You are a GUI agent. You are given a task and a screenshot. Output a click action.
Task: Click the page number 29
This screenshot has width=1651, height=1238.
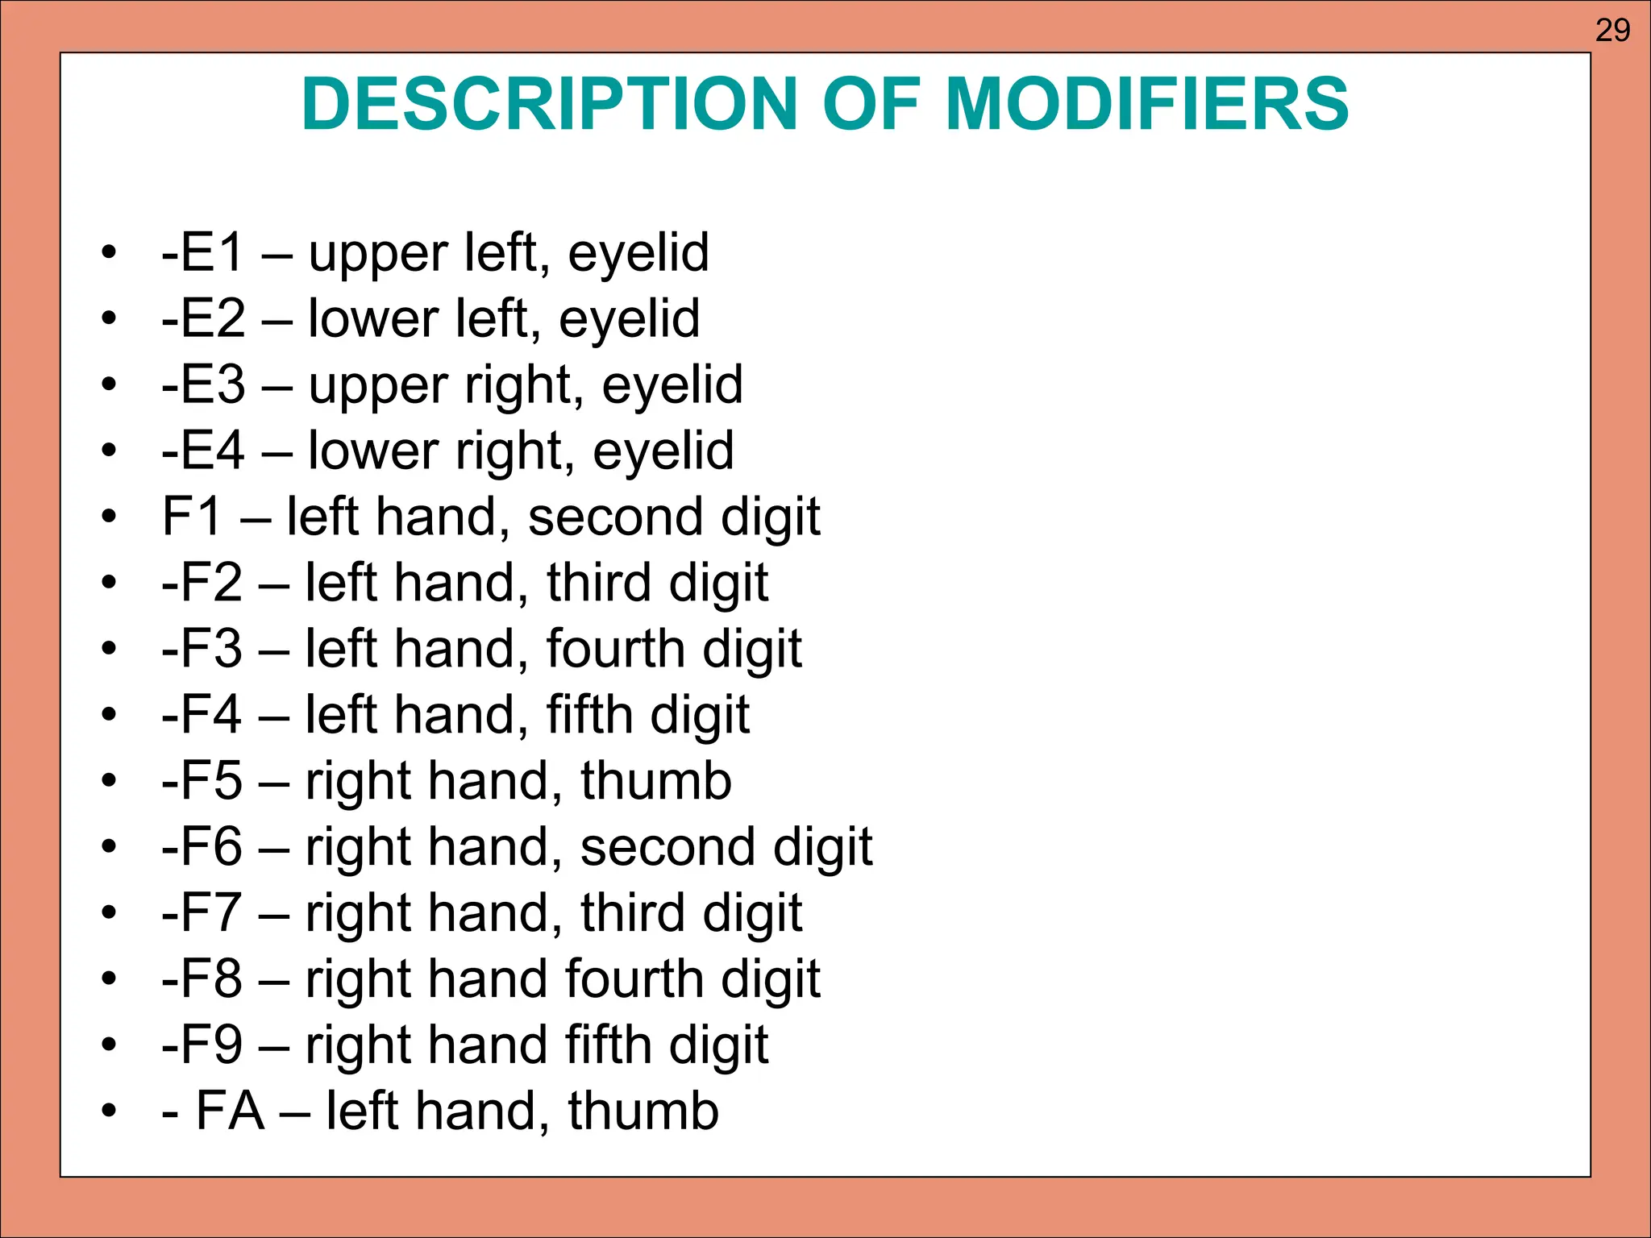click(x=1612, y=31)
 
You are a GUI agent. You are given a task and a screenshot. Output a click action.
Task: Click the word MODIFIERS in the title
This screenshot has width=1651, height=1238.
click(x=1146, y=104)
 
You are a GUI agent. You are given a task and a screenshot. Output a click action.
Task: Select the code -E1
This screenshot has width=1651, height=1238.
click(x=202, y=252)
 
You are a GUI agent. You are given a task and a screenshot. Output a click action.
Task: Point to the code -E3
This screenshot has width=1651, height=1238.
click(x=202, y=384)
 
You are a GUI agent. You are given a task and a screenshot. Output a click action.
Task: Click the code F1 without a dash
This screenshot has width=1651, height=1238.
click(x=191, y=517)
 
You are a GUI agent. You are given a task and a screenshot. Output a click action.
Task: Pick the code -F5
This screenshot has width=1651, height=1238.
click(x=202, y=781)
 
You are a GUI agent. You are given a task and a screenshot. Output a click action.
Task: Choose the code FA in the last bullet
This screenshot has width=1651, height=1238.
click(x=230, y=1111)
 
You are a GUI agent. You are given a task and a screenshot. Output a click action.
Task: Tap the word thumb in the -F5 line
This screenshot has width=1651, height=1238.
click(x=655, y=781)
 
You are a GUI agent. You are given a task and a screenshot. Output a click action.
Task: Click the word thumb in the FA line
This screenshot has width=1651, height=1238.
click(x=643, y=1111)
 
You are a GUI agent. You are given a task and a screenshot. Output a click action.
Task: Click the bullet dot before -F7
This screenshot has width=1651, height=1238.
click(x=109, y=913)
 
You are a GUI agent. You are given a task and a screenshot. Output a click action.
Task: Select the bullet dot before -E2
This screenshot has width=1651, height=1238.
click(x=109, y=318)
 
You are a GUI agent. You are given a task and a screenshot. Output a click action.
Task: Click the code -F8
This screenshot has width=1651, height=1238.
click(x=202, y=979)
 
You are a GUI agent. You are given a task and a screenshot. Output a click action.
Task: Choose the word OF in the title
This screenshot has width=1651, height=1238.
click(x=871, y=104)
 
